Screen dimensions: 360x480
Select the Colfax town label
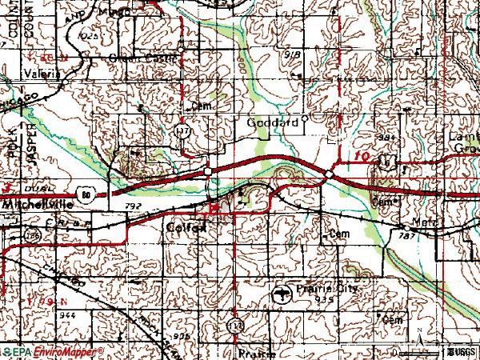[186, 227]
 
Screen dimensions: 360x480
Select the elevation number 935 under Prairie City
[324, 298]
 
